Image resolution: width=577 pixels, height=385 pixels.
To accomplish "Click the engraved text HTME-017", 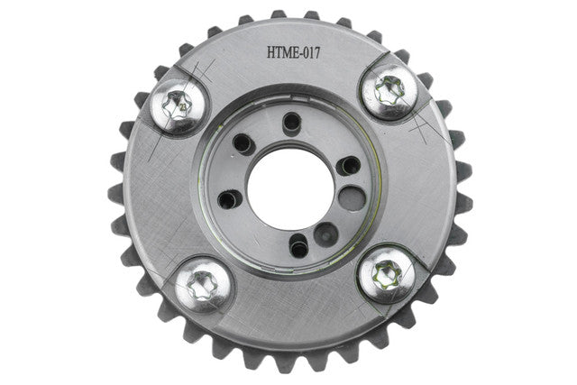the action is pyautogui.click(x=293, y=53).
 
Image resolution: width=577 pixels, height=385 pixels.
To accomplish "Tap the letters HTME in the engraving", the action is pyautogui.click(x=282, y=53).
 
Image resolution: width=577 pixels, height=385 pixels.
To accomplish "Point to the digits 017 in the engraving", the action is pyautogui.click(x=311, y=53).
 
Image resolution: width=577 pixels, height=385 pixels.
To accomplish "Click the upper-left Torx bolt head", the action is pyautogui.click(x=179, y=106).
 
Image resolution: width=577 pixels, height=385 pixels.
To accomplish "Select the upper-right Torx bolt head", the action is pyautogui.click(x=389, y=92).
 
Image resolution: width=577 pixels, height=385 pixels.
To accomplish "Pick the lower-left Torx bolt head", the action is pyautogui.click(x=203, y=285).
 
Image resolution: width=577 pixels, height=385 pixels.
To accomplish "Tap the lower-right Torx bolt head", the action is pyautogui.click(x=387, y=275).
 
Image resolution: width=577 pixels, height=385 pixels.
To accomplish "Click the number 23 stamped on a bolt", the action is pyautogui.click(x=182, y=107).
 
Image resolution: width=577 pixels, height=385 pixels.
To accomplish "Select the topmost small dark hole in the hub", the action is pyautogui.click(x=292, y=121).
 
